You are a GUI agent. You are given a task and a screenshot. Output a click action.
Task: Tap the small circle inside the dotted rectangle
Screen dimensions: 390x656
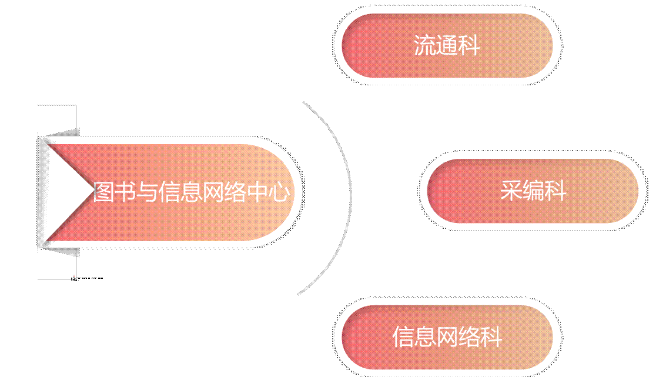tap(74, 275)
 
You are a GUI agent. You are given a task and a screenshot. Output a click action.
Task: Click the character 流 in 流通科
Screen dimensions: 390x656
tap(425, 46)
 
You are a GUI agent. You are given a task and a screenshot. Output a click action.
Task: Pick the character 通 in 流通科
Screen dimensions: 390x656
tap(447, 46)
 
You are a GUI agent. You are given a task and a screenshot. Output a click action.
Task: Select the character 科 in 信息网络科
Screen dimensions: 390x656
tap(491, 338)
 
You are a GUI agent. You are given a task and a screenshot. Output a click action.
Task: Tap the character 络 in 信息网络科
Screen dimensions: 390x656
tap(469, 338)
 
